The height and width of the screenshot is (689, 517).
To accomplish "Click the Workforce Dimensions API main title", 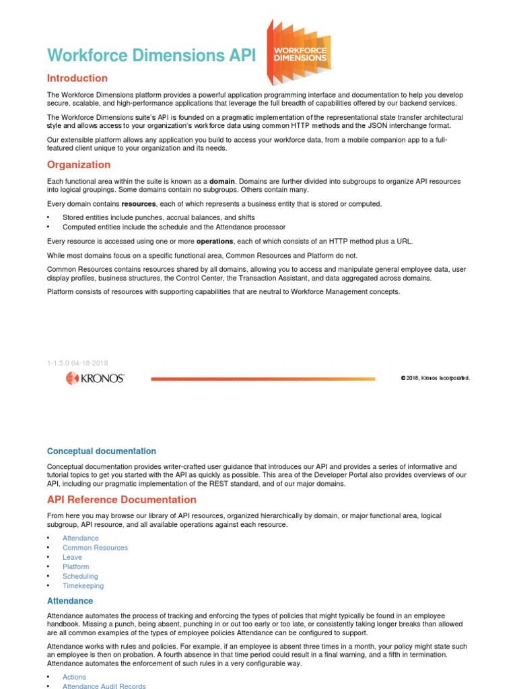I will point(151,55).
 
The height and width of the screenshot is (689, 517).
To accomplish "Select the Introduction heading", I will point(77,78).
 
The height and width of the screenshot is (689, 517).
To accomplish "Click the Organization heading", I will point(79,165).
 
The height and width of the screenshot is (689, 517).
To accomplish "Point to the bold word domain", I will point(223,182).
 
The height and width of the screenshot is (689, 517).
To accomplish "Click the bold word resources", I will point(139,204).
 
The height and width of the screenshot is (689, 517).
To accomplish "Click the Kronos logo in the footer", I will point(95,378).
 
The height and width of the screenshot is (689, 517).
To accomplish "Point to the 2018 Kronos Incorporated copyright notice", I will point(435,378).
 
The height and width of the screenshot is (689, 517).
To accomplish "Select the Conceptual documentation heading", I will point(102,451).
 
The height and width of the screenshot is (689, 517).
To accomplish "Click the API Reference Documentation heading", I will point(122,500).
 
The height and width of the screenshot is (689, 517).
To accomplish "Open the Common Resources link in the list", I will point(95,548).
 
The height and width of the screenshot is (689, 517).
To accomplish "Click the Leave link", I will point(72,557).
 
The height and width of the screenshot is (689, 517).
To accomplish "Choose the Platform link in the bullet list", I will point(75,567).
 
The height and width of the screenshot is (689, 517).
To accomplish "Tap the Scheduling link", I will point(80,576).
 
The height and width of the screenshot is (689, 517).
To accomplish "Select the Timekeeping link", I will point(83,585).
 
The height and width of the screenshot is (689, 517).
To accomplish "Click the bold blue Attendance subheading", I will point(70,601).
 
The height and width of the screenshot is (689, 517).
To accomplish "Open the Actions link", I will point(74,677).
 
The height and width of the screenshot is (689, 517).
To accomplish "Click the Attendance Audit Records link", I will point(104,686).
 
